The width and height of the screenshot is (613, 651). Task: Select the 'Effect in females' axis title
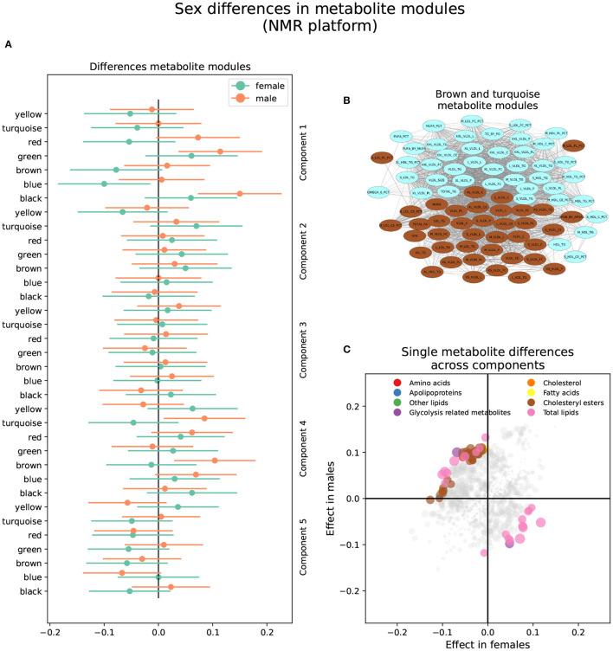(x=488, y=644)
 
